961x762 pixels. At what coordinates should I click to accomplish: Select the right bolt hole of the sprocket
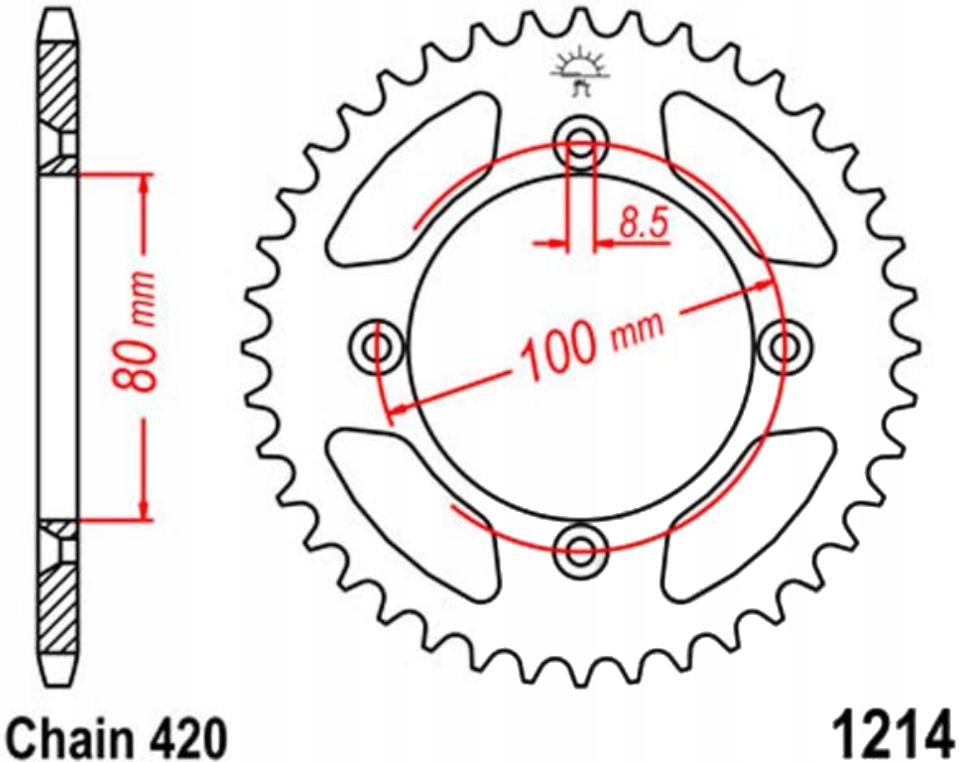(784, 347)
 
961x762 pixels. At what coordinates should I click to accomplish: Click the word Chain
(70, 738)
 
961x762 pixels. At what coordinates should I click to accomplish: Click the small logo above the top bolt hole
(579, 75)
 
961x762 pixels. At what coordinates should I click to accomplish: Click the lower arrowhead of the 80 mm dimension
(146, 507)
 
